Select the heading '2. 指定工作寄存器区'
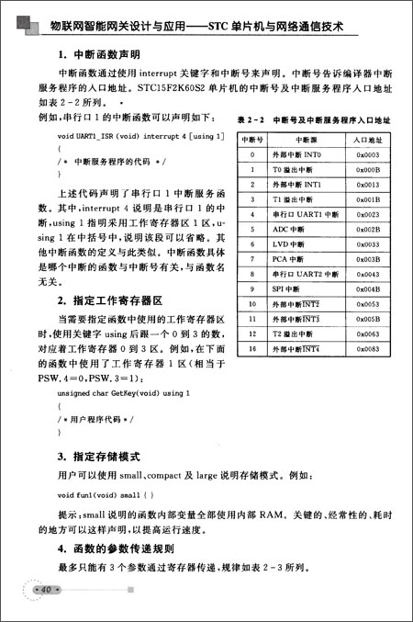(x=109, y=300)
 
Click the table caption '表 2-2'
(x=251, y=120)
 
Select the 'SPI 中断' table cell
(x=293, y=288)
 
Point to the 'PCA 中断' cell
(x=293, y=259)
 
